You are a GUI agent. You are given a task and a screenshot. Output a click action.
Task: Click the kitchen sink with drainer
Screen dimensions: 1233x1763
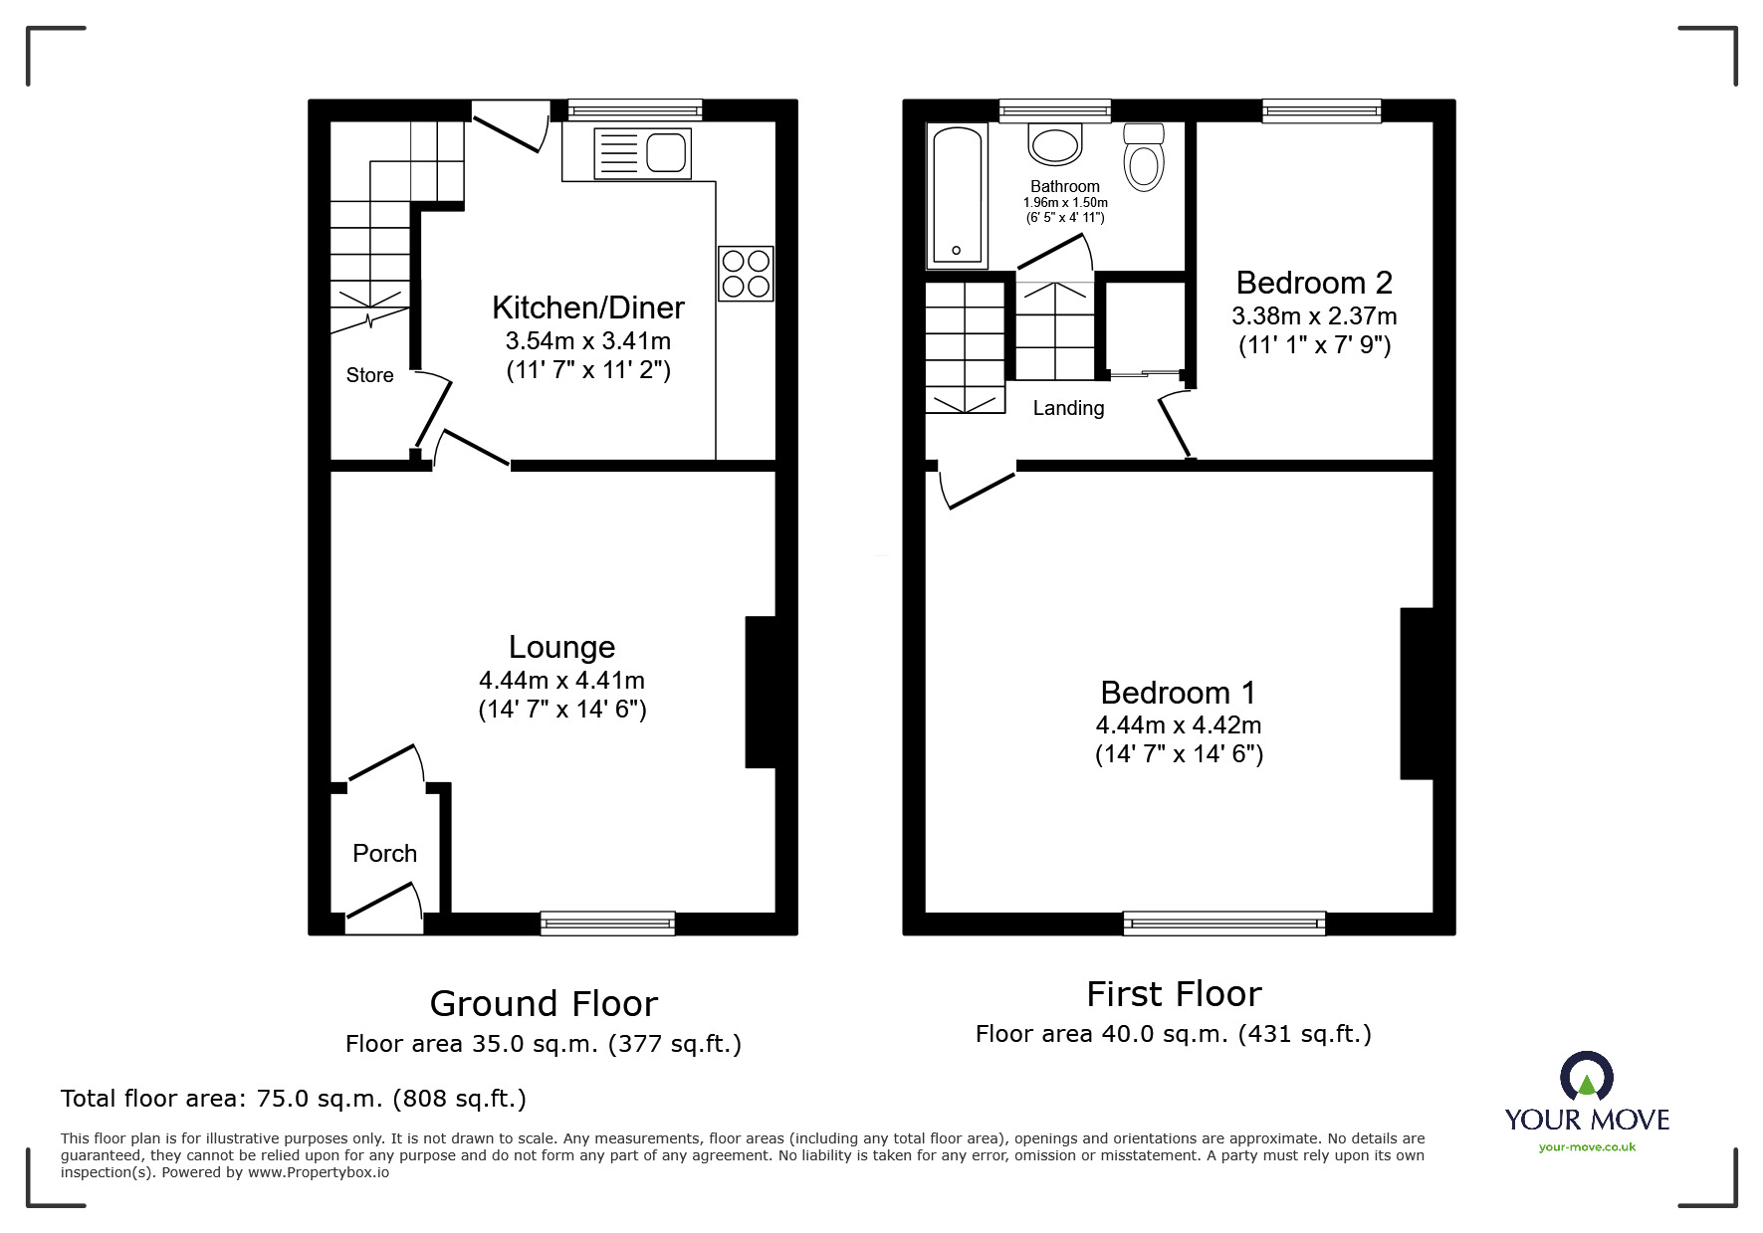pyautogui.click(x=642, y=154)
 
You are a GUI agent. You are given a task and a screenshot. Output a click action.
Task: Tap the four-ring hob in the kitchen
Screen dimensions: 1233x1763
pyautogui.click(x=746, y=273)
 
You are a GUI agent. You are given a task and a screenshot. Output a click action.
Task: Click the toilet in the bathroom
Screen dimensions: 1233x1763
pyautogui.click(x=1144, y=159)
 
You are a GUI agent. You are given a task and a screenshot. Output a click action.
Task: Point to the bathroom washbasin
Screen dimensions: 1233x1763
pyautogui.click(x=1054, y=145)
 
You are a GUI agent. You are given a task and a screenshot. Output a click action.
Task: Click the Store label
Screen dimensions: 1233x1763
pyautogui.click(x=369, y=375)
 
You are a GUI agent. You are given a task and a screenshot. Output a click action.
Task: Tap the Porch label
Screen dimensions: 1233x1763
pyautogui.click(x=384, y=853)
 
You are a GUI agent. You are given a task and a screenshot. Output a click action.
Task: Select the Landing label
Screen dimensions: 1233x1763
pyautogui.click(x=1068, y=408)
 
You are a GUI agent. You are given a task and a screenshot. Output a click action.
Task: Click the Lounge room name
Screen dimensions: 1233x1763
pyautogui.click(x=561, y=647)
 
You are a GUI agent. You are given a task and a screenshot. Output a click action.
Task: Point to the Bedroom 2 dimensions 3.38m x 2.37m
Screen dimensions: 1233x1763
pyautogui.click(x=1314, y=316)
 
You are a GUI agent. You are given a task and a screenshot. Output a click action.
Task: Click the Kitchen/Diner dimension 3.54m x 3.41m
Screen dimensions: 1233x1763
pyautogui.click(x=587, y=340)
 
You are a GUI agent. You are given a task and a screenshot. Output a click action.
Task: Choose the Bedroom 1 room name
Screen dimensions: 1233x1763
pyautogui.click(x=1179, y=692)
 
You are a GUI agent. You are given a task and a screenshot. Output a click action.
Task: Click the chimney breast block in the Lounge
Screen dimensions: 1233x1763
pyautogui.click(x=761, y=692)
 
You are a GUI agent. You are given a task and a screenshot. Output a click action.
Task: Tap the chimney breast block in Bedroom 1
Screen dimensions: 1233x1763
pyautogui.click(x=1417, y=693)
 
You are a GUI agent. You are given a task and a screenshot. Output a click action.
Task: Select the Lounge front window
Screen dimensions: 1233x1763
pyautogui.click(x=607, y=924)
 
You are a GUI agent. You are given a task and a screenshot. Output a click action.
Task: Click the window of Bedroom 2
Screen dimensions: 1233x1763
pyautogui.click(x=1321, y=110)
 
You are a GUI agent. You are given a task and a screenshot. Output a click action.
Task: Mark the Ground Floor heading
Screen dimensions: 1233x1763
pyautogui.click(x=544, y=1003)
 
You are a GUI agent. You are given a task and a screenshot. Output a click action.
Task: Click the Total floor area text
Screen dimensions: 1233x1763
pyautogui.click(x=294, y=1099)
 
